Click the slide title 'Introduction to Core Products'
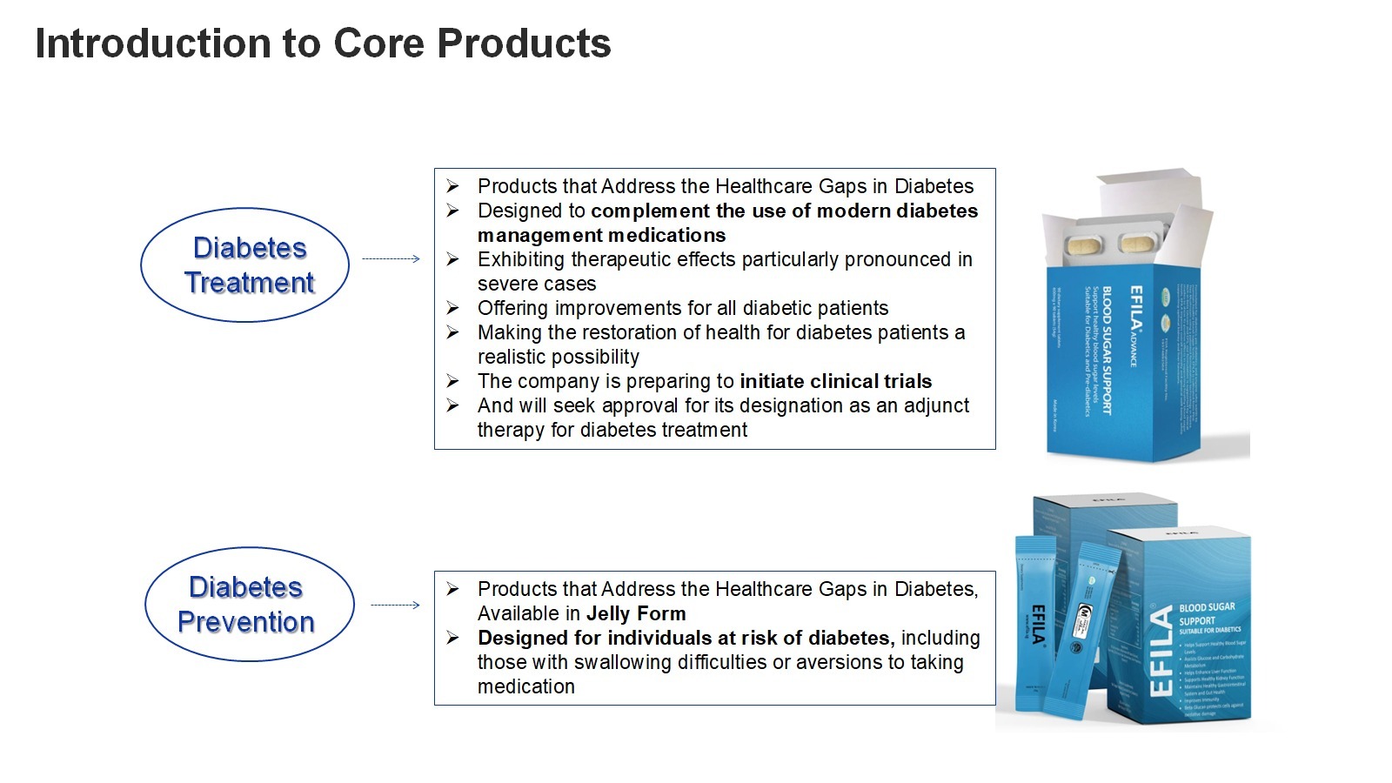323,43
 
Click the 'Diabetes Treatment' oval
245,264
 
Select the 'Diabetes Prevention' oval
249,604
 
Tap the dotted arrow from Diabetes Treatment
391,258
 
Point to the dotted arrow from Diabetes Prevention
395,605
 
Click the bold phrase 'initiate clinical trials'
835,381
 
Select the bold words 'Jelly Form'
636,613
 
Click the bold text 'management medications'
601,235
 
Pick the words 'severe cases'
537,284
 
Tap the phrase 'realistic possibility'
558,357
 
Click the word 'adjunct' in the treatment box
936,405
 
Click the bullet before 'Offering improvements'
452,308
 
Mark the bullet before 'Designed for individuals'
452,638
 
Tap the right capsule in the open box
1139,243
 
